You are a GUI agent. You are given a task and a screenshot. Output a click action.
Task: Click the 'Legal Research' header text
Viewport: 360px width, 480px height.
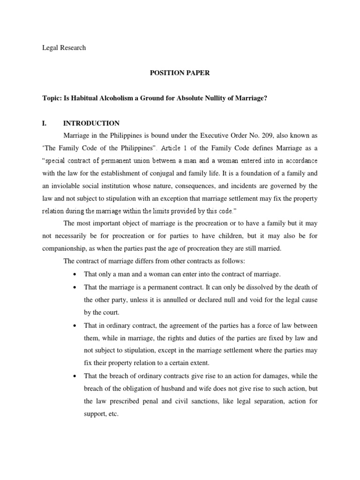click(64, 48)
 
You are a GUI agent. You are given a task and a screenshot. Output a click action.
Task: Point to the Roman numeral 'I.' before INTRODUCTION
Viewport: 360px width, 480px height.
click(45, 123)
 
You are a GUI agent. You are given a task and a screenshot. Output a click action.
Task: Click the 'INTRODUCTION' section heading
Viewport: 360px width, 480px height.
click(91, 123)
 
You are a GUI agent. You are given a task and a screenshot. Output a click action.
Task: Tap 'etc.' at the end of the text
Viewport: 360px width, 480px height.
click(112, 414)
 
